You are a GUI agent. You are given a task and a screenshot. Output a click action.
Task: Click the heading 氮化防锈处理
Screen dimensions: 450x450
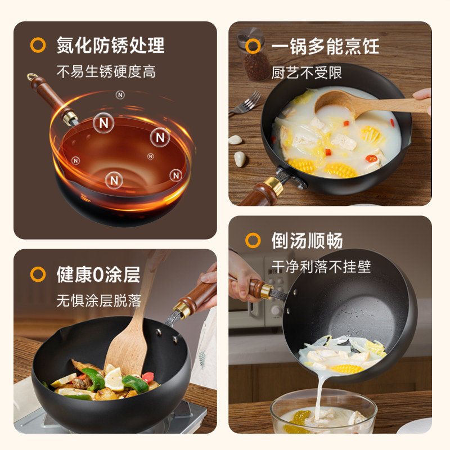(x=110, y=46)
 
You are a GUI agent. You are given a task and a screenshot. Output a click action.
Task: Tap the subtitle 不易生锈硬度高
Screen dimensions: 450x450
(x=106, y=71)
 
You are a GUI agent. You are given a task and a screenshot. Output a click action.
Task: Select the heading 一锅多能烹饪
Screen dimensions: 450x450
(x=326, y=46)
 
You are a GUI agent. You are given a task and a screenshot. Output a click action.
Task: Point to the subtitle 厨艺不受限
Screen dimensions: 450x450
(x=307, y=73)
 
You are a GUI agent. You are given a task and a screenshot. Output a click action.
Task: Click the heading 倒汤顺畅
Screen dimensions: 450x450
(x=307, y=241)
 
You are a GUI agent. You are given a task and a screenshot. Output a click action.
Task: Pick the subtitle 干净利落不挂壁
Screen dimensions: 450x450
(x=321, y=267)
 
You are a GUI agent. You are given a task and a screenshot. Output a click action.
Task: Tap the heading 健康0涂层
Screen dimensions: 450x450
(x=98, y=274)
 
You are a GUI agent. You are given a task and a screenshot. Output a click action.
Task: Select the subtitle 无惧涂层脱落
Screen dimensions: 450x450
(x=99, y=301)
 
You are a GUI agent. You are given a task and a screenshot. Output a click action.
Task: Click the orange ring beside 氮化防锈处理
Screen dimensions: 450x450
(x=38, y=45)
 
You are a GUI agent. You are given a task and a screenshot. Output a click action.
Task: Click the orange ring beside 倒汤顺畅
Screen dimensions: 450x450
(x=253, y=240)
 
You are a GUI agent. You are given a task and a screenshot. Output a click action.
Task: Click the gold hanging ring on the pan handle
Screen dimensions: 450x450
(x=31, y=76)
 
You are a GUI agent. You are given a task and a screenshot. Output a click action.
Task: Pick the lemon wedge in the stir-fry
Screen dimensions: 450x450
(x=114, y=379)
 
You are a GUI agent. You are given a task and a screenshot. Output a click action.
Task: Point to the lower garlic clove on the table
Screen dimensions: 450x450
(x=240, y=159)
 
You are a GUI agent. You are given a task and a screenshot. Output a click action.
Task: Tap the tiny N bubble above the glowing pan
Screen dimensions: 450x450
(x=120, y=94)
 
